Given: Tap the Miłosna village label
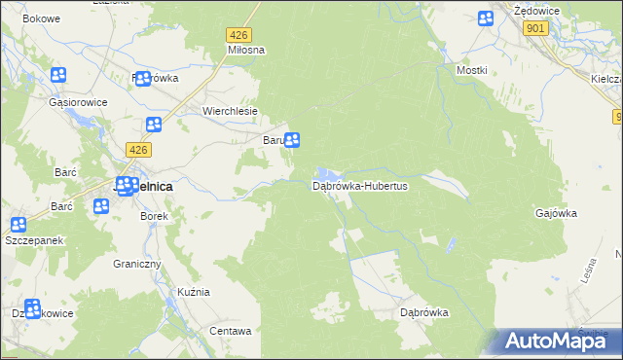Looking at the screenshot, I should click(x=246, y=49).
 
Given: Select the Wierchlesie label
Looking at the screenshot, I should click(x=230, y=111).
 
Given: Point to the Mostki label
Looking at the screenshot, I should click(x=472, y=71).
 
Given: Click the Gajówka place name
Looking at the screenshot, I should click(x=557, y=212).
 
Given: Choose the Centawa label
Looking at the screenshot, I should click(x=231, y=331).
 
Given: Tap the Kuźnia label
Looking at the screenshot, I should click(x=194, y=292).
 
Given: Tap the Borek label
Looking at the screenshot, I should click(x=155, y=216).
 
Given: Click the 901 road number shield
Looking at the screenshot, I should click(x=533, y=29).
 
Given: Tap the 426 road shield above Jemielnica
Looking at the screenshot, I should click(x=138, y=149).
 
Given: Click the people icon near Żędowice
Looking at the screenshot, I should click(x=487, y=18).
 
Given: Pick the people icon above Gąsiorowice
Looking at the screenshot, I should click(x=58, y=75).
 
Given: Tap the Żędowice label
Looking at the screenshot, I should click(x=534, y=9).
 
